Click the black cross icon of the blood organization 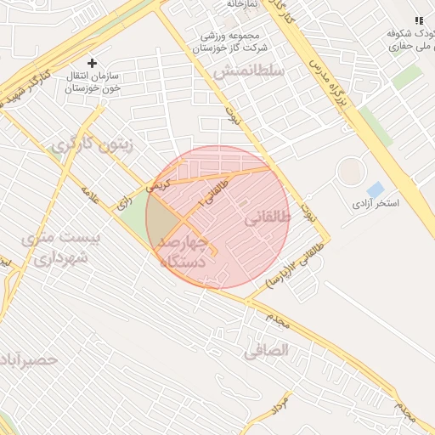(x=93, y=63)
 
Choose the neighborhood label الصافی (x=266, y=349)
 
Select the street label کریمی (x=159, y=183)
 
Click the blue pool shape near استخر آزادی (x=374, y=189)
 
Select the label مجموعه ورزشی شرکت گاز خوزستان (x=229, y=42)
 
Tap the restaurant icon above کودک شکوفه (x=418, y=20)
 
